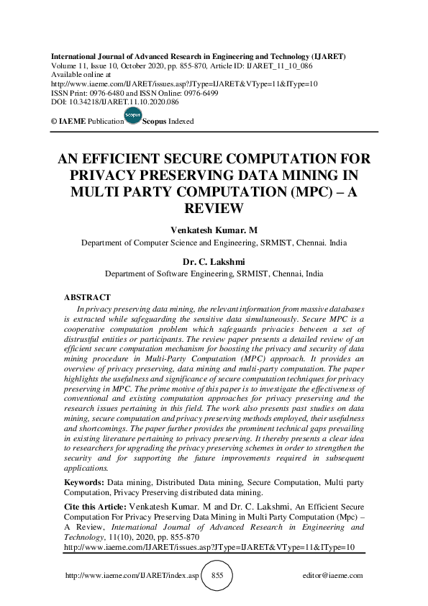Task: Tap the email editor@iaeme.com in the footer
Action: (x=334, y=576)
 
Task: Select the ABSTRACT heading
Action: (x=87, y=297)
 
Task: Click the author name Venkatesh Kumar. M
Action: (x=214, y=230)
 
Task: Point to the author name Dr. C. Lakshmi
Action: (x=214, y=261)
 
